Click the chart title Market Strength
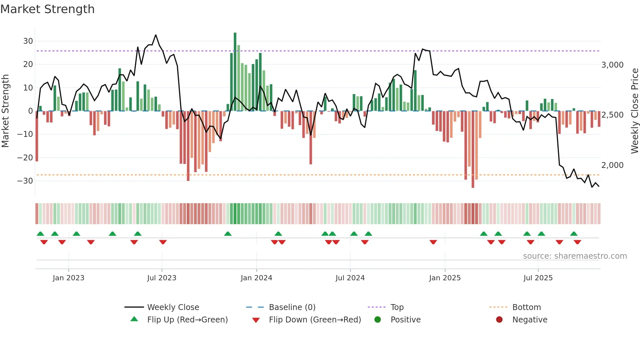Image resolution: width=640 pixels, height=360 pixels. coord(47,9)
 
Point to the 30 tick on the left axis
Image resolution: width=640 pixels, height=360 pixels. coord(28,41)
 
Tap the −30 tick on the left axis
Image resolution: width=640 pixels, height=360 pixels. coord(25,181)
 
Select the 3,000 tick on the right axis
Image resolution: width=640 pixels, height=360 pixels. coord(612,65)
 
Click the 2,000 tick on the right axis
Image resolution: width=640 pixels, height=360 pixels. coord(612,165)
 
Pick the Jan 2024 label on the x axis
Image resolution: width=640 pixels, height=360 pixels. coord(256,278)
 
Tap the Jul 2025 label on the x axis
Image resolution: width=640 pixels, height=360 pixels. coord(538,278)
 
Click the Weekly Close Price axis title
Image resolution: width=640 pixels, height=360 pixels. coord(634,111)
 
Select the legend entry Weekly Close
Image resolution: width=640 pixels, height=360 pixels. coord(173,307)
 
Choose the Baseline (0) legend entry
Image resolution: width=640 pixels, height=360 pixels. coord(292,307)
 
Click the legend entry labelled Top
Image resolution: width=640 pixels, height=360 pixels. coord(397,307)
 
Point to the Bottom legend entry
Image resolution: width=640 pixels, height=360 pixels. coord(526,307)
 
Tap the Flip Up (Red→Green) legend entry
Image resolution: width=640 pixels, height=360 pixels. coord(187,320)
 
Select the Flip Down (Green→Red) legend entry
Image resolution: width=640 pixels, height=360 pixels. coord(314,320)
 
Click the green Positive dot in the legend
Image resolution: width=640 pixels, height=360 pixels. coord(378,320)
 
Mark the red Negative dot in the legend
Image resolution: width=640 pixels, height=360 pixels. coord(499,320)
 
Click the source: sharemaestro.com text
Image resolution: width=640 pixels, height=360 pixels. coord(575,256)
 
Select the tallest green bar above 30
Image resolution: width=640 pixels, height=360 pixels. coord(235,72)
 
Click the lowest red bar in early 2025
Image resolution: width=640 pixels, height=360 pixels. coord(473,150)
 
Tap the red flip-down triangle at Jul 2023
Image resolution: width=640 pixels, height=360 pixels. coord(163,242)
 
